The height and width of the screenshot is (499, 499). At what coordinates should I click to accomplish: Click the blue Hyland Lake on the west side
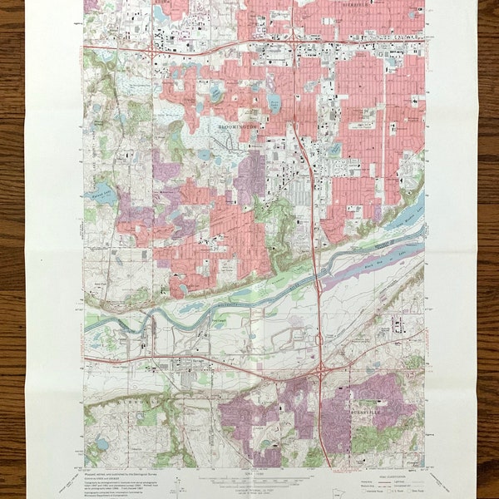101,195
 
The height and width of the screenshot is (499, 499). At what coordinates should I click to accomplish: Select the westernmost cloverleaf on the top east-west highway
149,50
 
